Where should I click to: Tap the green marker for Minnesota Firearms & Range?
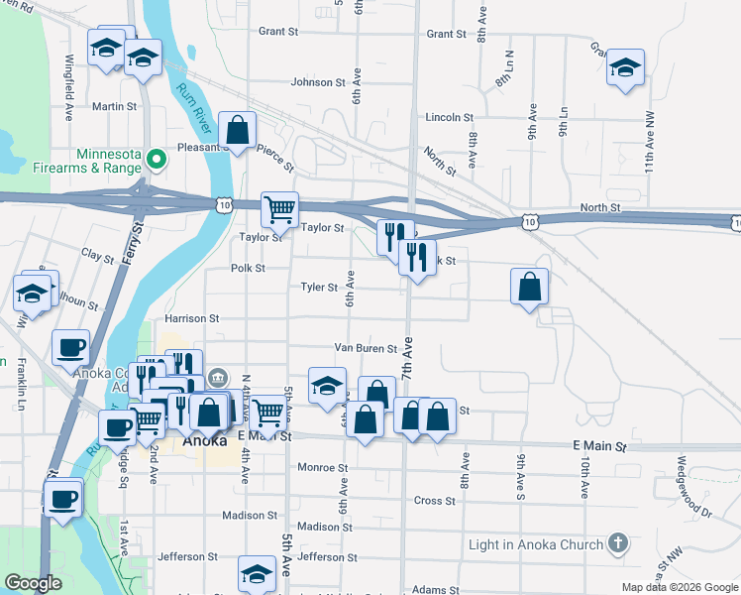156,159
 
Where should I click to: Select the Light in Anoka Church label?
536,544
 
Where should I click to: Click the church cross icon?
617,543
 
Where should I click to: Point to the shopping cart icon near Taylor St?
280,209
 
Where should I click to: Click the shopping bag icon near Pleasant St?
238,129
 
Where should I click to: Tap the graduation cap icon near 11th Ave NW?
625,67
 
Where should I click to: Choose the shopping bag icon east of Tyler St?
530,287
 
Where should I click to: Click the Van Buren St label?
365,349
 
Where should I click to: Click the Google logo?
33,583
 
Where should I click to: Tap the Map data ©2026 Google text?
679,587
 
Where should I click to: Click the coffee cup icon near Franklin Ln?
70,348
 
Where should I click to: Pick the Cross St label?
434,501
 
